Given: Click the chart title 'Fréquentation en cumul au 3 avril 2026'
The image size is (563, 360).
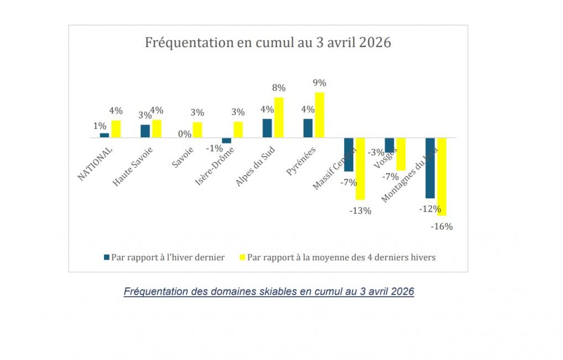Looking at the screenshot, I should (268, 43).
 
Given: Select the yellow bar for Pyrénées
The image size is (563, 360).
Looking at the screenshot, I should (319, 115).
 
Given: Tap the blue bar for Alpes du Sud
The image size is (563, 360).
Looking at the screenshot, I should (267, 128).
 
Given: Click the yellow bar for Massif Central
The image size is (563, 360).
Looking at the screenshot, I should (360, 168).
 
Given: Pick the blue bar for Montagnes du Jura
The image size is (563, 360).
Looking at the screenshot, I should (430, 168).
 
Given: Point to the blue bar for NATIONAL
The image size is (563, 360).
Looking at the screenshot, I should (104, 135).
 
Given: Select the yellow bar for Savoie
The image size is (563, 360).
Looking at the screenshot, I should (198, 130).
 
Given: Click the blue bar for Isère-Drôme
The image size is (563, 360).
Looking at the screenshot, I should (226, 140).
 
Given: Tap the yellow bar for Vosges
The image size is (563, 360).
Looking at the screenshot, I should (401, 154).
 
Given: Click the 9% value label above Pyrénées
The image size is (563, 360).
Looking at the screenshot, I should (319, 83).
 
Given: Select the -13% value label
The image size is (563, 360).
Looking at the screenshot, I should (360, 210).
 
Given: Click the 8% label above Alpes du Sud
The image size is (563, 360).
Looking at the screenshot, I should (278, 88).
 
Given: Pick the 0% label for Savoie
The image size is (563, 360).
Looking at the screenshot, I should (185, 133).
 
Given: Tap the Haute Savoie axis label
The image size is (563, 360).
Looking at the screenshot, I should (133, 166).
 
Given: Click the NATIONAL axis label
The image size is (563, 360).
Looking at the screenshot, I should (95, 164).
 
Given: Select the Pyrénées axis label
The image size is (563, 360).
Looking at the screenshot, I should (301, 161).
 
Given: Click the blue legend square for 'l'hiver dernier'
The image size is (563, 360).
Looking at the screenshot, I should (107, 257).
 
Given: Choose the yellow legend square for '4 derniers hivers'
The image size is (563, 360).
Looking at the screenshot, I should (242, 257).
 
